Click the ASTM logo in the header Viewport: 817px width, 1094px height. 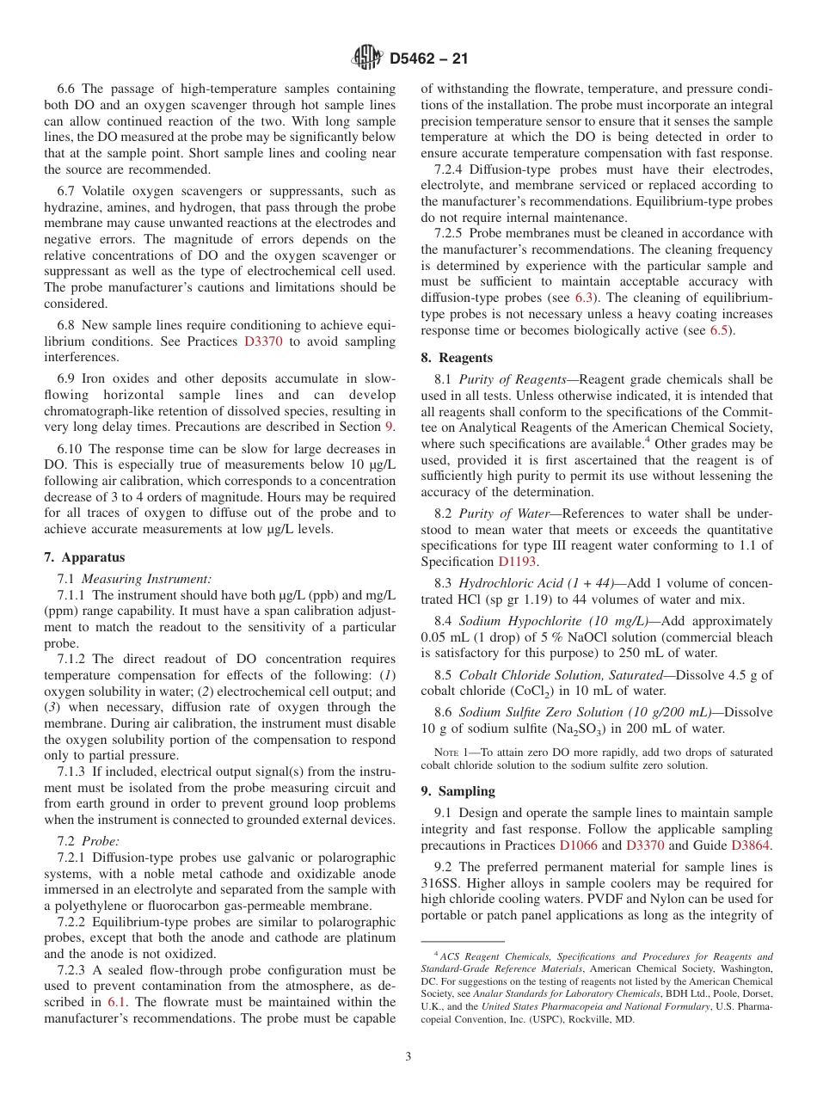click(x=367, y=58)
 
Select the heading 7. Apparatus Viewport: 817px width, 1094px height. click(x=84, y=557)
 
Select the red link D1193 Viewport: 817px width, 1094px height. click(x=517, y=562)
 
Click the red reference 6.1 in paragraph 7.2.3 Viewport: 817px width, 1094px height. click(x=117, y=1002)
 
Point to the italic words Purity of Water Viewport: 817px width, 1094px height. click(x=500, y=513)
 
